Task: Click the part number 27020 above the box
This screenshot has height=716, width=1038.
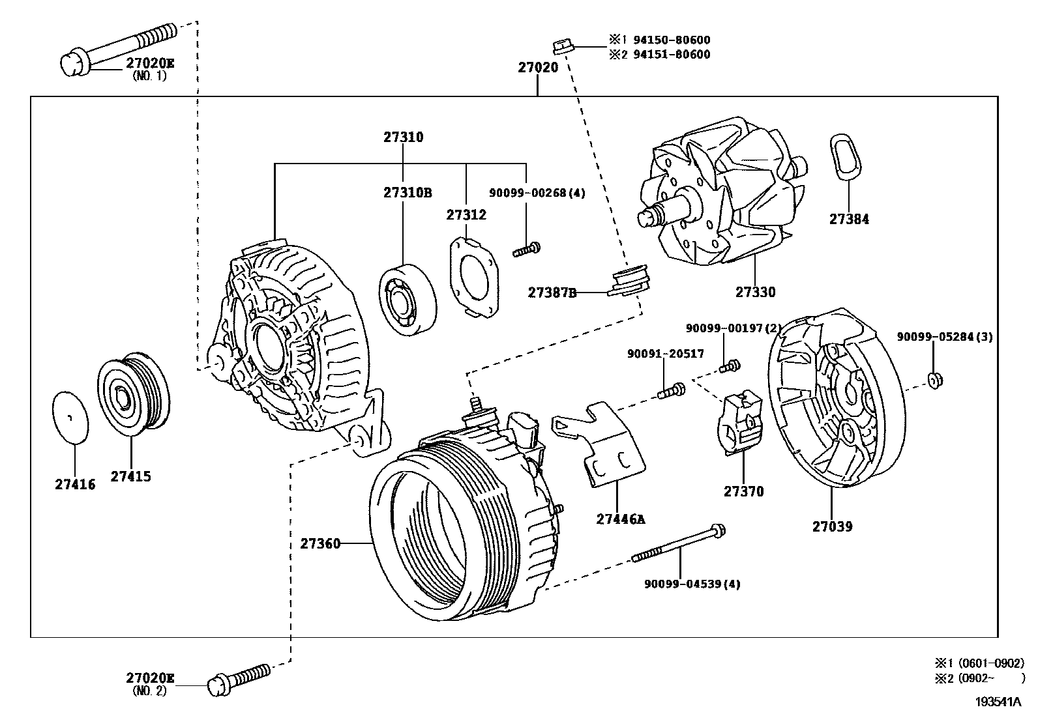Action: [538, 67]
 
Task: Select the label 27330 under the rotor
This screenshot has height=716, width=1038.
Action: [755, 293]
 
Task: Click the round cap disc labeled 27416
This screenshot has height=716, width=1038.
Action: [70, 418]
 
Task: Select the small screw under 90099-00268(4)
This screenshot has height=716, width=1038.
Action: [527, 249]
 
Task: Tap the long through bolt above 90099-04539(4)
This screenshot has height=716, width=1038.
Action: [678, 545]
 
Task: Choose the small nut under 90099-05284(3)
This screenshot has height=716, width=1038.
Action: [933, 379]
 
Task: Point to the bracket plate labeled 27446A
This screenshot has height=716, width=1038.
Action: [603, 443]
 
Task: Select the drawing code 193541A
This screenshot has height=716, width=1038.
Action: [998, 702]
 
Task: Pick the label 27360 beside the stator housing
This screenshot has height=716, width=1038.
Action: [320, 543]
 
